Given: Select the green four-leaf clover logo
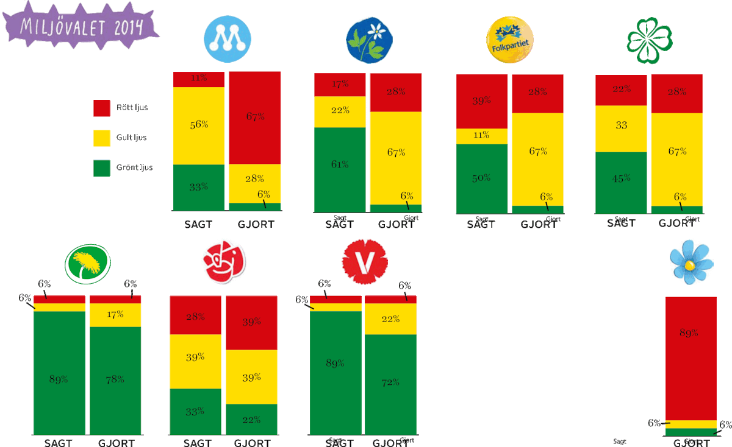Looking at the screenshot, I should [650, 40].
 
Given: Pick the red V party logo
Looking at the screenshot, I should [365, 261].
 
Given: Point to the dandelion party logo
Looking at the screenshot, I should [88, 264].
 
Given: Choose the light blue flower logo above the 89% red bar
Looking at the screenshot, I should [691, 261].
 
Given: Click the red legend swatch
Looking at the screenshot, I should [101, 108].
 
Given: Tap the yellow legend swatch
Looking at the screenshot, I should [101, 138].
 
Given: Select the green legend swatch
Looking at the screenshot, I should [101, 167].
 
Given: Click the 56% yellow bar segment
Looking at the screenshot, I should [198, 125].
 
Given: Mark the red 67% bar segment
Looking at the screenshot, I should [254, 118].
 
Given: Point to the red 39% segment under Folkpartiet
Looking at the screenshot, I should [481, 101].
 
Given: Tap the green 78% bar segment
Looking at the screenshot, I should [115, 379].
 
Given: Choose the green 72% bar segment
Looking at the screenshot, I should [390, 384].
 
